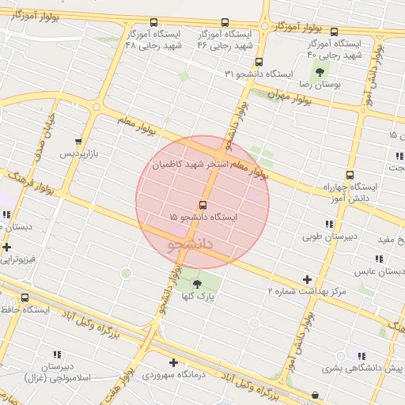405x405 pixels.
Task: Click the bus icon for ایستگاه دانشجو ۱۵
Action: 202,205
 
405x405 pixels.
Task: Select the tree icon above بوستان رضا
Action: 320,71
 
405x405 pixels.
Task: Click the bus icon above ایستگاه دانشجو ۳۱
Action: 259,62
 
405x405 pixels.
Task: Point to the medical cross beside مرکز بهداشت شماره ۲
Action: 308,279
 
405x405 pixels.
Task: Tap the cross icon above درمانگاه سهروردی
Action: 173,363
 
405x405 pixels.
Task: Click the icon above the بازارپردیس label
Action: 77,142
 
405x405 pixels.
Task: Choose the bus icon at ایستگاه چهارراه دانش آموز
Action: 350,176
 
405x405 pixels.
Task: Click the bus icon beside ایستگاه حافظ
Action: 25,298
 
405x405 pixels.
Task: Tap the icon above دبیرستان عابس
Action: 379,259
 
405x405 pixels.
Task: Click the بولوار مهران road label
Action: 264,93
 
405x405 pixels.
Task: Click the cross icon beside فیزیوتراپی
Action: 6,247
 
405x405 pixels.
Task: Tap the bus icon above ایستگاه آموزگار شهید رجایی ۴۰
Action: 334,32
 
